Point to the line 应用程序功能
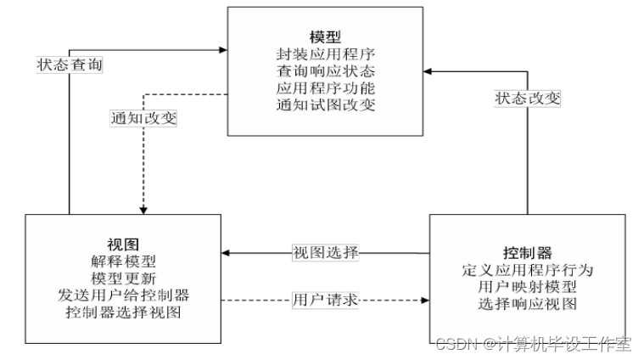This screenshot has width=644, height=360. [x=325, y=89]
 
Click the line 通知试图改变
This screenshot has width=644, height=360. [x=325, y=105]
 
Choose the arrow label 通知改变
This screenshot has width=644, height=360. [x=143, y=118]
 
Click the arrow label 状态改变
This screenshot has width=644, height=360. [x=528, y=98]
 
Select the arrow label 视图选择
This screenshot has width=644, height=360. [x=326, y=252]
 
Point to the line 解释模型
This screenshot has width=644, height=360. [x=123, y=262]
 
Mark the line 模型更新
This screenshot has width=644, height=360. [x=123, y=278]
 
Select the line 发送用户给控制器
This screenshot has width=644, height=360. [x=123, y=295]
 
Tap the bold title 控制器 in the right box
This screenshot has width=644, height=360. [x=528, y=254]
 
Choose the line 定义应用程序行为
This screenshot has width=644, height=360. [x=528, y=271]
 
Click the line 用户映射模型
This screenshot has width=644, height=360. [x=528, y=287]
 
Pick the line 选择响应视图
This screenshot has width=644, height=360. [x=528, y=303]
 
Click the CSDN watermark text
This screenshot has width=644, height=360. [x=534, y=344]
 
